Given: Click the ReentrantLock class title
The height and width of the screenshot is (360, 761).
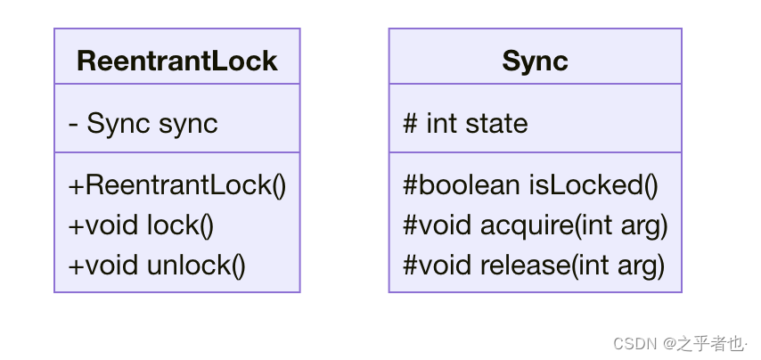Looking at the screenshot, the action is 176,61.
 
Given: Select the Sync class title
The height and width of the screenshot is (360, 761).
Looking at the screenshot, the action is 535,61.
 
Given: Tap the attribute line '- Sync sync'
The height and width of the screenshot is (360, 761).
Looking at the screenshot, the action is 143,123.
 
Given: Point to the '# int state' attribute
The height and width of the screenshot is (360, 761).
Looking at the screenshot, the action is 465,123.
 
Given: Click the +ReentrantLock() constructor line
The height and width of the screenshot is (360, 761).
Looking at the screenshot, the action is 177,185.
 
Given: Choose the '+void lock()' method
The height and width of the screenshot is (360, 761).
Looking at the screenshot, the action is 141,225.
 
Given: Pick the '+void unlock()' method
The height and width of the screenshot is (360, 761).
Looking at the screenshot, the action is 157,265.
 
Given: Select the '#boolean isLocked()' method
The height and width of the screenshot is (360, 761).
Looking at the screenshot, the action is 530,185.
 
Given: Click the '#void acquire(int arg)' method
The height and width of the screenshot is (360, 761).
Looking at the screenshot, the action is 536,225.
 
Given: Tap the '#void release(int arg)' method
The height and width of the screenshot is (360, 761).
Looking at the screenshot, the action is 534,265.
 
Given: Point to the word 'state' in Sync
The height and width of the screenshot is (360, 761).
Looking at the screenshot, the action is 496,123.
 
